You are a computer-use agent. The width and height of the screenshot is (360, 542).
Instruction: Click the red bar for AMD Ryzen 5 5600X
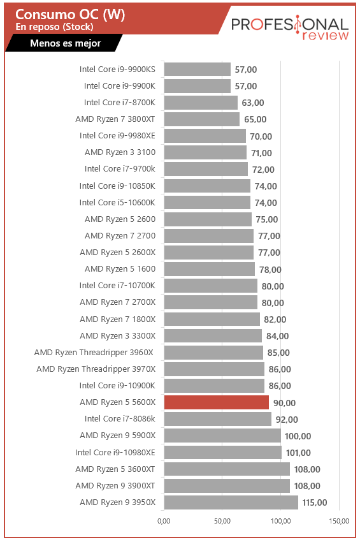(x=216, y=402)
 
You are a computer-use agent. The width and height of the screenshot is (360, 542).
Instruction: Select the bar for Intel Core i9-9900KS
(x=198, y=69)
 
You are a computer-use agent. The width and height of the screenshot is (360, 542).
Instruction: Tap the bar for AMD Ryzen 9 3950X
(x=231, y=502)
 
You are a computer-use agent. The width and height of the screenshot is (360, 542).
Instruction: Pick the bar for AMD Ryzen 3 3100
(x=205, y=152)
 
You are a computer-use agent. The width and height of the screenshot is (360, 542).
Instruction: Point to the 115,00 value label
(x=314, y=502)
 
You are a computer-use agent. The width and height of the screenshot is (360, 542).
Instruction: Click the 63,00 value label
(x=252, y=103)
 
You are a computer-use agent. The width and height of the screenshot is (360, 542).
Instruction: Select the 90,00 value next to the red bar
(x=284, y=403)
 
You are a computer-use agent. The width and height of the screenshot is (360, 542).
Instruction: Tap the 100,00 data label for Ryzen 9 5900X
(x=298, y=436)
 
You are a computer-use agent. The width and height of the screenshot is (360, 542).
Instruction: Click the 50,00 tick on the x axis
(x=222, y=521)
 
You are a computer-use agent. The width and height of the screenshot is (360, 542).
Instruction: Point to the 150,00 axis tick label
(x=339, y=521)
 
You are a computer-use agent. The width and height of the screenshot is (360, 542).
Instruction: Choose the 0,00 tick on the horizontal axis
(x=164, y=521)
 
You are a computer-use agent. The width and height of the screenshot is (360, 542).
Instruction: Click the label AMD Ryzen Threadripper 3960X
(x=94, y=353)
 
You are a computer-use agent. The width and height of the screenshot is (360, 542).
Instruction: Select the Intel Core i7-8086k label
(x=120, y=419)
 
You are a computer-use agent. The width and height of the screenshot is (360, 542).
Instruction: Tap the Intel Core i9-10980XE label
(x=115, y=453)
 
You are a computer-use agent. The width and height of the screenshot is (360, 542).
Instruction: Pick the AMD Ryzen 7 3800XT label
(x=115, y=119)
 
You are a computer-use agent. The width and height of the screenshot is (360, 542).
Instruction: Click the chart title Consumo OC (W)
(x=70, y=15)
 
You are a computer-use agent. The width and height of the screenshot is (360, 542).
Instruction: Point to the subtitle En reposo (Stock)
(x=54, y=27)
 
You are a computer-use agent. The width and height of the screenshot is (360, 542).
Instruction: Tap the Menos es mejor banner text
(x=65, y=43)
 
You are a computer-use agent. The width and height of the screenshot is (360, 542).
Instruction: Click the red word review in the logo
(x=326, y=35)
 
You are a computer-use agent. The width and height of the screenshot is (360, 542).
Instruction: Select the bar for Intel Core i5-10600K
(x=207, y=203)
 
